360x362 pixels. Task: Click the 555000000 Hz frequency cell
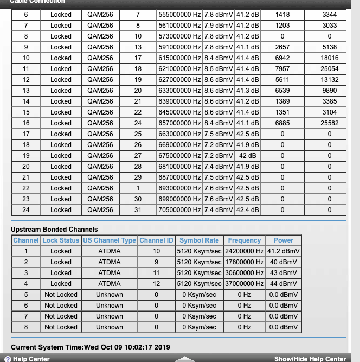point(179,15)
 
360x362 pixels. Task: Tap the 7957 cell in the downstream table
point(282,69)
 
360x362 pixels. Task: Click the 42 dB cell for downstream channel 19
point(248,156)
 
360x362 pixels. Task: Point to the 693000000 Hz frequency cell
point(179,188)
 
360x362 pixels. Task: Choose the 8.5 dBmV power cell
point(218,69)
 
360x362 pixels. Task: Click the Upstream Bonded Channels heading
point(54,230)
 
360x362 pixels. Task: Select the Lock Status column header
point(61,240)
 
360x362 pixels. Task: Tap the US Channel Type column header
point(109,240)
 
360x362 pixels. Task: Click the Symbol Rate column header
point(199,240)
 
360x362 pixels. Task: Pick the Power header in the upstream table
point(283,240)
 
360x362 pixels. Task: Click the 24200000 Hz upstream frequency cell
point(244,251)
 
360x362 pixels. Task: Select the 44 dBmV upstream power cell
point(283,284)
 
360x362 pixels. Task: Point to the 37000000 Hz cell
point(244,284)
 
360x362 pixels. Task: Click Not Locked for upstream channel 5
point(61,295)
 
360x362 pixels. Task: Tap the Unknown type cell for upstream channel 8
point(109,327)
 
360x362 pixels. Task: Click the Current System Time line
point(91,347)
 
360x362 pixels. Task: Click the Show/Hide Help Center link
point(310,359)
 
